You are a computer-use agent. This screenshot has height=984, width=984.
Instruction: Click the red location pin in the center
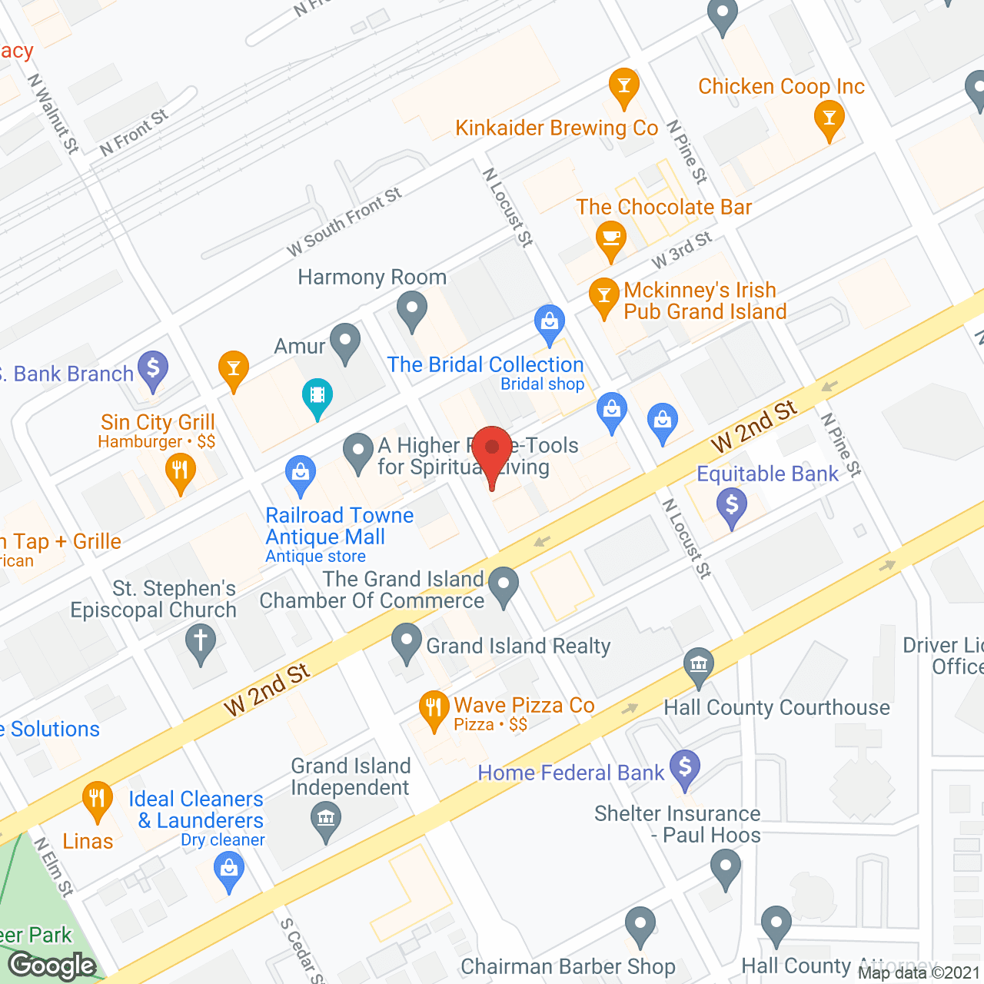click(x=492, y=449)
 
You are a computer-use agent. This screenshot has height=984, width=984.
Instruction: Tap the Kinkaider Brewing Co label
click(x=557, y=128)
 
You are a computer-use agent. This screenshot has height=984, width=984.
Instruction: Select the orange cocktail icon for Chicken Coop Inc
click(x=829, y=119)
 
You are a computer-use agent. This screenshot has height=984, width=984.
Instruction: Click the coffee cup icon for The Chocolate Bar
click(x=611, y=238)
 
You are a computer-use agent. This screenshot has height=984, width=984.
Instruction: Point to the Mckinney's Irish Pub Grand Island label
click(x=705, y=301)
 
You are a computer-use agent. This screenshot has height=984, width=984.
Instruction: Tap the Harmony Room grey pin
click(x=412, y=310)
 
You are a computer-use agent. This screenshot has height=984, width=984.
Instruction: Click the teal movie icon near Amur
click(x=317, y=396)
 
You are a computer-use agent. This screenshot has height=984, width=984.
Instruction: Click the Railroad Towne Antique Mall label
click(x=339, y=527)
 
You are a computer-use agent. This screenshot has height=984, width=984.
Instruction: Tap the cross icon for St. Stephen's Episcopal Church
click(x=201, y=640)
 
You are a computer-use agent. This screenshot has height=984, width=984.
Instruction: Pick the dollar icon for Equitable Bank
click(x=731, y=506)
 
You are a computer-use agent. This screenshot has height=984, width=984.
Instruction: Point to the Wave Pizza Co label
click(x=524, y=706)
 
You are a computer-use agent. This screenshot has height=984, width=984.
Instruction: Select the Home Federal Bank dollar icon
click(x=684, y=767)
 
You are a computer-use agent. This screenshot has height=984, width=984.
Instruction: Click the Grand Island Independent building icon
click(x=326, y=818)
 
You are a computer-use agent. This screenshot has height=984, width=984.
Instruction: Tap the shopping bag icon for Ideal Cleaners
click(x=228, y=869)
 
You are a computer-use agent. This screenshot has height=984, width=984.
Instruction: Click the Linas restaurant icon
click(x=97, y=799)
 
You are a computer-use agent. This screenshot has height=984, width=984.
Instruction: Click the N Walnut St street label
click(x=53, y=113)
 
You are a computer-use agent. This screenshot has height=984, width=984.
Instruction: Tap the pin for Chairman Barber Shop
click(x=640, y=924)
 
